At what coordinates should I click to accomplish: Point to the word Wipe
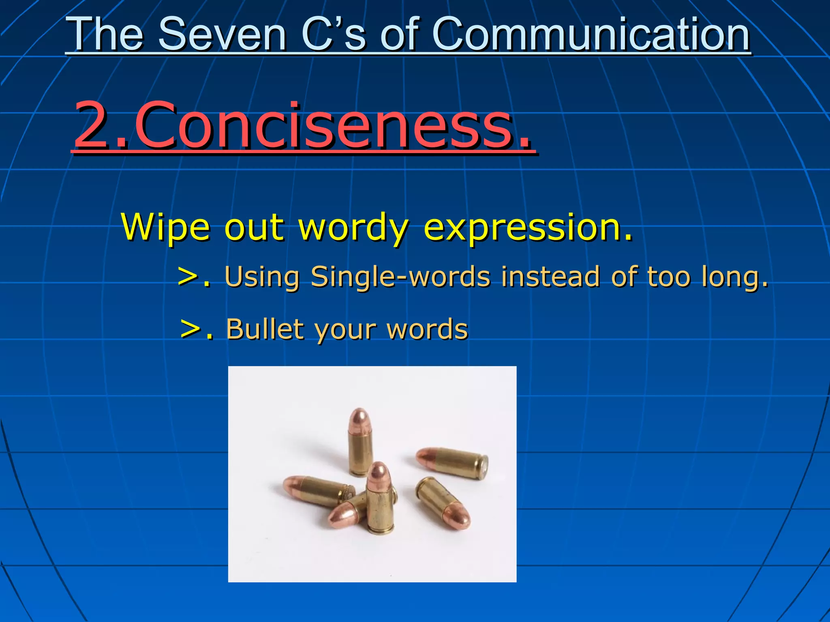point(165,227)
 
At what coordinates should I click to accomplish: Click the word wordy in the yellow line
point(353,227)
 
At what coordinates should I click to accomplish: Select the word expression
point(527,227)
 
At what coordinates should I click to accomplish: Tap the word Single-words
point(400,277)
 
